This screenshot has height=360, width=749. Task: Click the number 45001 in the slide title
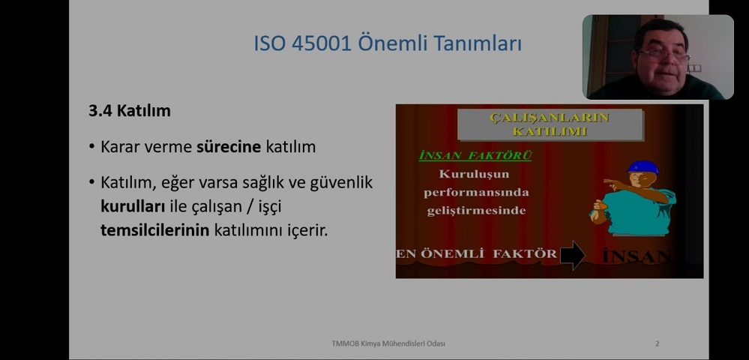[322, 43]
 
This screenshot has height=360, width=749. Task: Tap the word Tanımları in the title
[478, 43]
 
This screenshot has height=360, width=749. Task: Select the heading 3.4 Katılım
[130, 111]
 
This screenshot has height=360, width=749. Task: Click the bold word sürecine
[229, 147]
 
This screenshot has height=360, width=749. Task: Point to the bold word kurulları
[133, 206]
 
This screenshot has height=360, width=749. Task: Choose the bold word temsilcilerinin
[154, 230]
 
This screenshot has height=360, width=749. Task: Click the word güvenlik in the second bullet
[341, 183]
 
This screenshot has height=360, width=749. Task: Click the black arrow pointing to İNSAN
[572, 255]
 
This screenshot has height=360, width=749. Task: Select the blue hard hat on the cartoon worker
[643, 166]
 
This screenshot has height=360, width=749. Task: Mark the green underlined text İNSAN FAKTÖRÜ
[475, 156]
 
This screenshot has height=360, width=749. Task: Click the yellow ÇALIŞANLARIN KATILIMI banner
[550, 124]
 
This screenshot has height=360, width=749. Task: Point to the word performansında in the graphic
[476, 193]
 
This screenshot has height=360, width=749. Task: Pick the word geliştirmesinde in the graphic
[476, 211]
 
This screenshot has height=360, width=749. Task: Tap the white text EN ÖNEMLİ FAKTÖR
[477, 253]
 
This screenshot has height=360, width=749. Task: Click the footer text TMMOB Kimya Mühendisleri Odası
[388, 343]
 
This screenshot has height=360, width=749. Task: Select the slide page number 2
[658, 343]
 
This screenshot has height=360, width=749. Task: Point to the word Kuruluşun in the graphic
[474, 174]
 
